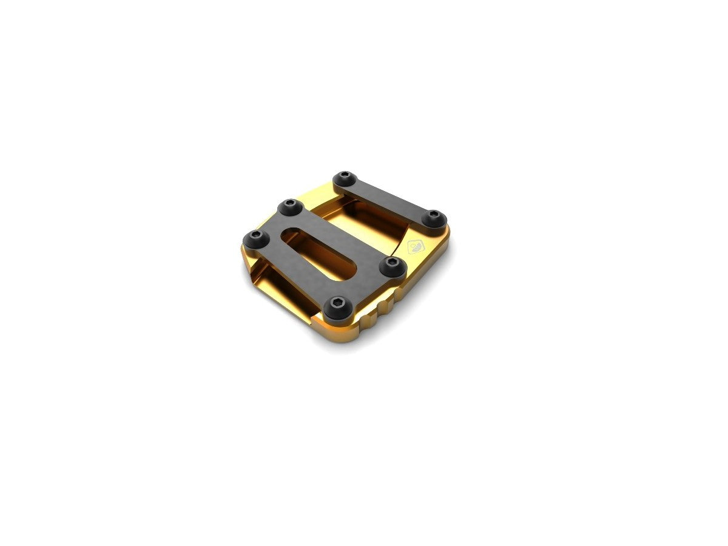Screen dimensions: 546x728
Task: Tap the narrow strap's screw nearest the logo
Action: click(x=434, y=218)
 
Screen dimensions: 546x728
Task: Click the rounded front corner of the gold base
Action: click(x=346, y=334)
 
